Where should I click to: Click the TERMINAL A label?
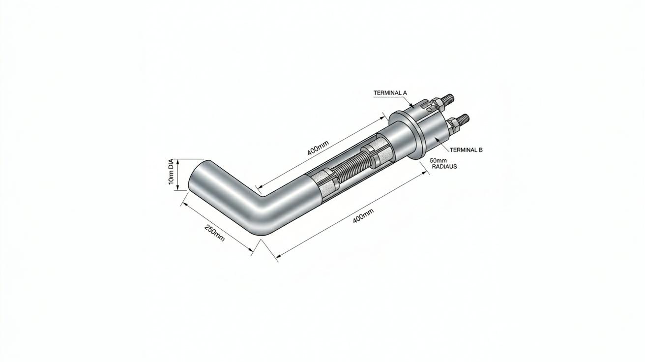tap(390, 93)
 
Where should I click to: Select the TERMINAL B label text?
tap(466, 150)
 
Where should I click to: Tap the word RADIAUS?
tap(444, 167)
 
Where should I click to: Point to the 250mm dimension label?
tap(214, 233)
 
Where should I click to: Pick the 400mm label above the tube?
tap(318, 148)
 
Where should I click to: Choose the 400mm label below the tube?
tap(363, 215)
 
